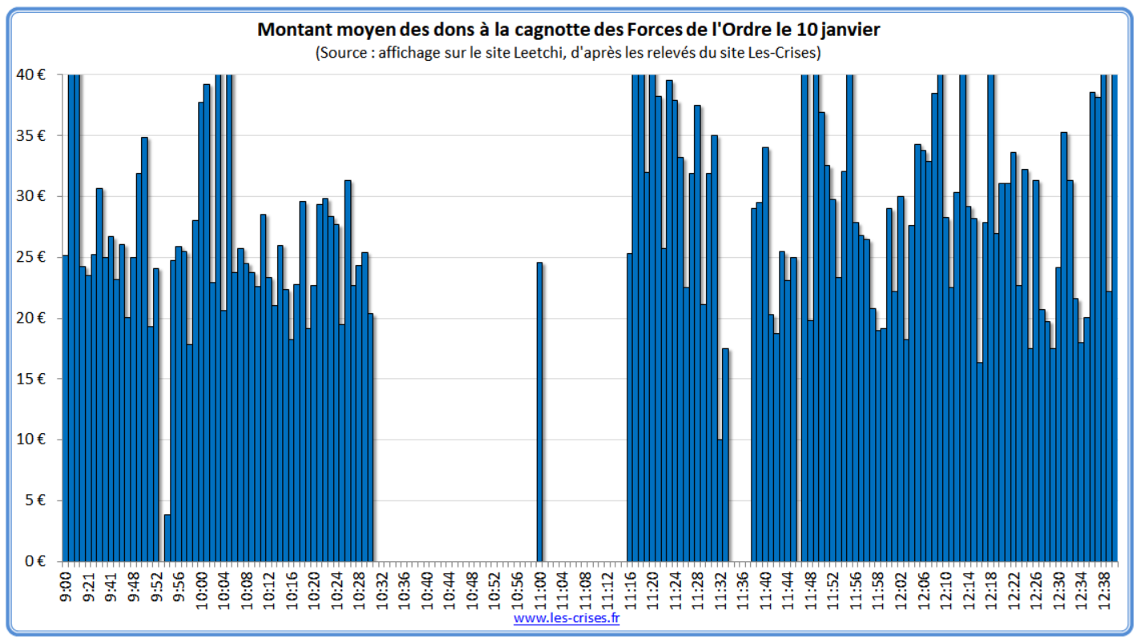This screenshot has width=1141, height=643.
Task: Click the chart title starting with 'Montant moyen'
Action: (x=569, y=30)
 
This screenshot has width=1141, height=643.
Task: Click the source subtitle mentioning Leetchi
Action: (x=569, y=53)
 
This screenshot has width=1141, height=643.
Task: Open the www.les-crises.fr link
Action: (x=567, y=618)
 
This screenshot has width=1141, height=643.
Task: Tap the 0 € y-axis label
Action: (x=34, y=561)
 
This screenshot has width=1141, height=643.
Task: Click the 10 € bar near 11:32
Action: (x=720, y=500)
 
